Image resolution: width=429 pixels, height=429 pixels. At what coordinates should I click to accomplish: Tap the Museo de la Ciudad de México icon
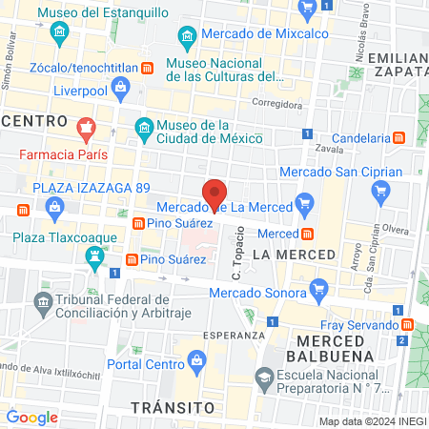point(144,126)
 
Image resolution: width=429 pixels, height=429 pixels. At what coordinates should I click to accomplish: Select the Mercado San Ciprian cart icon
point(382,190)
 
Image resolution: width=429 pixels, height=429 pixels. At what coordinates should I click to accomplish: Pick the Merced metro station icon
point(308,234)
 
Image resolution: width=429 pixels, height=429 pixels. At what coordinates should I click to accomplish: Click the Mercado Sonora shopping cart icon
point(320,287)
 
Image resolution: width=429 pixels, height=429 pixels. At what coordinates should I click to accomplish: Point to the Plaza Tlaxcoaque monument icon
point(94,255)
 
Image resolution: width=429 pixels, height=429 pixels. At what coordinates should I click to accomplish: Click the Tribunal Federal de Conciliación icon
point(43,304)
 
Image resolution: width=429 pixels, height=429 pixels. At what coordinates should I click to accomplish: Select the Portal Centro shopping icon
point(196,359)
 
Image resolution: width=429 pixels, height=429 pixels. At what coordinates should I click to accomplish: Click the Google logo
point(31,417)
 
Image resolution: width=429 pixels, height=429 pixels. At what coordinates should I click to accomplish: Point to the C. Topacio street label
point(239,254)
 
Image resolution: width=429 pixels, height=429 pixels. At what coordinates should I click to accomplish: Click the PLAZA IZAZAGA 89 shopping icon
point(53,205)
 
